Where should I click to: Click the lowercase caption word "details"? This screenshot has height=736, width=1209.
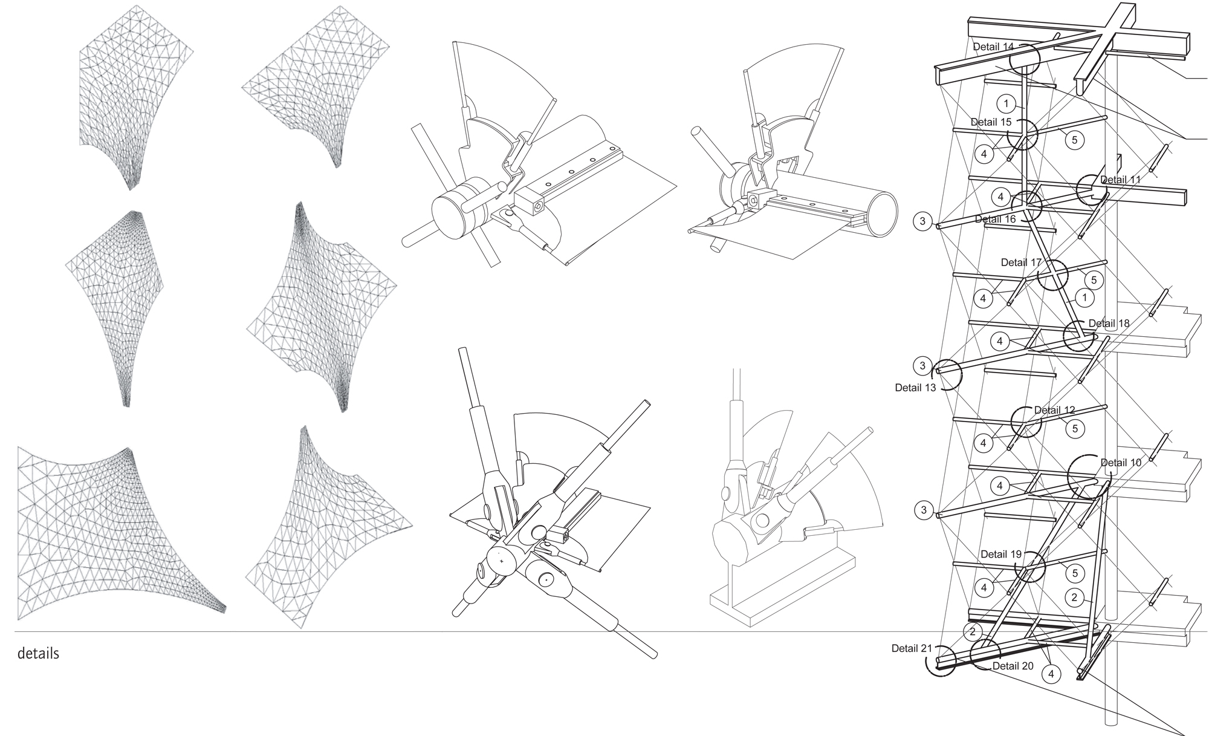[39, 654]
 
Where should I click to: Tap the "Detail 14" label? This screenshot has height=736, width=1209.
[993, 47]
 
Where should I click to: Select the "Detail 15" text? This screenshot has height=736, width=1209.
[991, 122]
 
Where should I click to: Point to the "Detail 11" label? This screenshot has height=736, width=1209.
[1121, 180]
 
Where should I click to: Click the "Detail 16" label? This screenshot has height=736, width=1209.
[996, 219]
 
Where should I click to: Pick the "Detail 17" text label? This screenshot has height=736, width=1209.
[1022, 262]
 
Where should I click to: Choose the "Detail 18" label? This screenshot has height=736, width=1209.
[1109, 324]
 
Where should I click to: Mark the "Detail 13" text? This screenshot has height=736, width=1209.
[915, 388]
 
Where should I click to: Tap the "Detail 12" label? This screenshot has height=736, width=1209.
[1055, 410]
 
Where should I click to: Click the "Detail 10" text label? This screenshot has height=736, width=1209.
[1121, 463]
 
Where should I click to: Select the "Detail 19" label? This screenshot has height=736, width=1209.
[1001, 554]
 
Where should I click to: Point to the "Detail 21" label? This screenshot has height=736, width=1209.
[912, 648]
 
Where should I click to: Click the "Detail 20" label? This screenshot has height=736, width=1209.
[1013, 666]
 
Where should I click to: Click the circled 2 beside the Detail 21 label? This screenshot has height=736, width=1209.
[972, 632]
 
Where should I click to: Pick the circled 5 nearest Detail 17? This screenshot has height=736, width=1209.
[1094, 280]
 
